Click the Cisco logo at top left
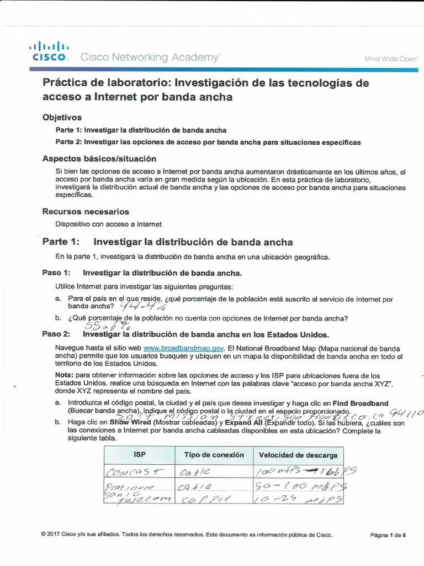(x=49, y=50)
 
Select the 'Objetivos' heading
(x=62, y=117)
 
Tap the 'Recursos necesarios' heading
(x=86, y=212)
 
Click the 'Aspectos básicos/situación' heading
(x=96, y=159)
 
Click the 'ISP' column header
(x=139, y=455)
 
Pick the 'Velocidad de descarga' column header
(x=298, y=455)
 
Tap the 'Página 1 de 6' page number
(x=388, y=535)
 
